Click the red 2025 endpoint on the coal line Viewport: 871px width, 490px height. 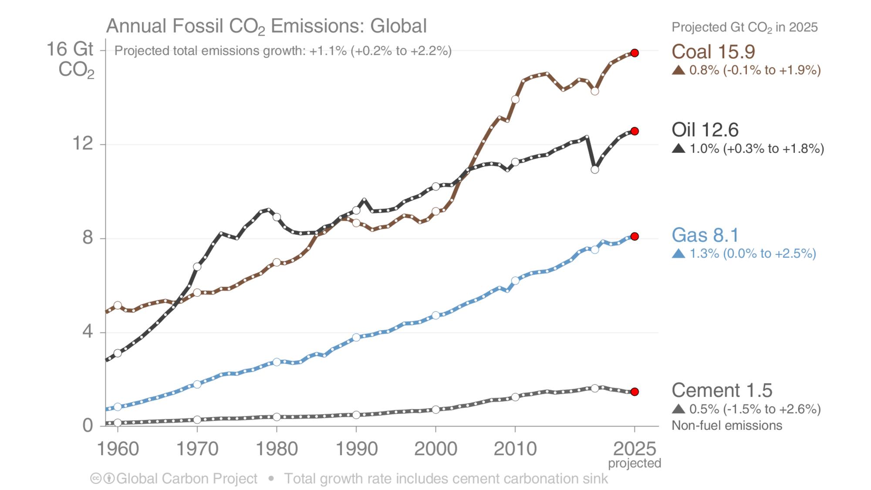point(635,53)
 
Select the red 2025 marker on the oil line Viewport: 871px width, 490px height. point(635,131)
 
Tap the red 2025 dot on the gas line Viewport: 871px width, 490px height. point(635,237)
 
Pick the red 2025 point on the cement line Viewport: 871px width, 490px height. point(635,392)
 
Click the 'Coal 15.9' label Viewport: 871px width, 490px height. point(713,52)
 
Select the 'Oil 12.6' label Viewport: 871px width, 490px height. point(705,130)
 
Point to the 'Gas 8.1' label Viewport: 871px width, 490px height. point(705,235)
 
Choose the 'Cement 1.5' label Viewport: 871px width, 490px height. point(722,390)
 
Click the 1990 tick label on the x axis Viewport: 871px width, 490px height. point(356,449)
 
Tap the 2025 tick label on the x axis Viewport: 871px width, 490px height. point(635,449)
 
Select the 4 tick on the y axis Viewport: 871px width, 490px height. point(87,332)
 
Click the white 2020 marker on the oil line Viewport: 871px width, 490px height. point(595,169)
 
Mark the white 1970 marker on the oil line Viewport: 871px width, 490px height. point(197,267)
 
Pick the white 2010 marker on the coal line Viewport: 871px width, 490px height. point(515,99)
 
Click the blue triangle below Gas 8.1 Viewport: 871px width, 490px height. point(679,253)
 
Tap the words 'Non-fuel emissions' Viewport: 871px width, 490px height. point(727,426)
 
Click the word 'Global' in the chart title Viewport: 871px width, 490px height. point(398,26)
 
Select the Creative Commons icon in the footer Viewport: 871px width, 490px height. point(95,479)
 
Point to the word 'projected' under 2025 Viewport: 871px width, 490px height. point(635,463)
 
